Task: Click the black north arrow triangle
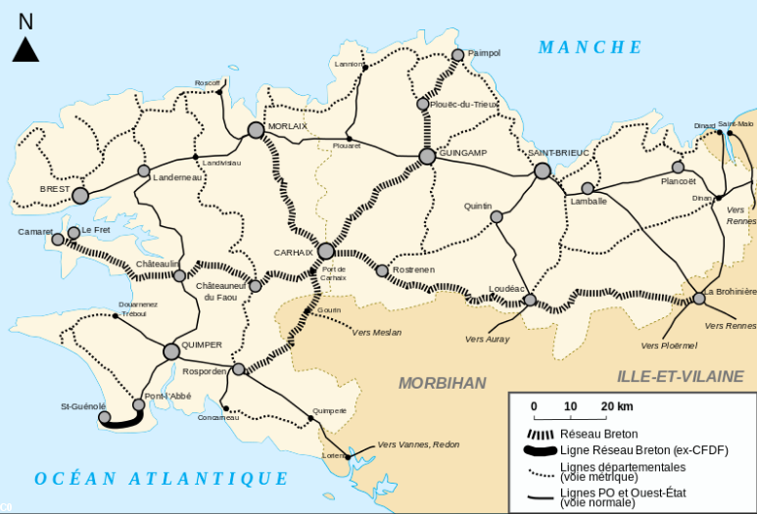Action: coord(25,49)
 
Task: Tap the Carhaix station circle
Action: coord(326,252)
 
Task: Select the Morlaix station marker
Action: coord(257,129)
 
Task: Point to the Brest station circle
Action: coord(80,196)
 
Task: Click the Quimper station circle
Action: coord(171,350)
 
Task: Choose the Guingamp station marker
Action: coord(427,156)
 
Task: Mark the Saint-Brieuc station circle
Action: coord(543,170)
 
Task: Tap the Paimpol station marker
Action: coord(457,55)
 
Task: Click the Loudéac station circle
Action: coord(530,300)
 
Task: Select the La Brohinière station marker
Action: coord(699,298)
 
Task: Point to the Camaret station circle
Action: coord(58,239)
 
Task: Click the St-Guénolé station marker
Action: coord(105,417)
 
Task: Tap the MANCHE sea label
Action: coord(591,47)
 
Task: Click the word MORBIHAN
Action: coord(442,383)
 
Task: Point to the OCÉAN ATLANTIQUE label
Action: coord(162,479)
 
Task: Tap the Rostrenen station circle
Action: coord(382,270)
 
